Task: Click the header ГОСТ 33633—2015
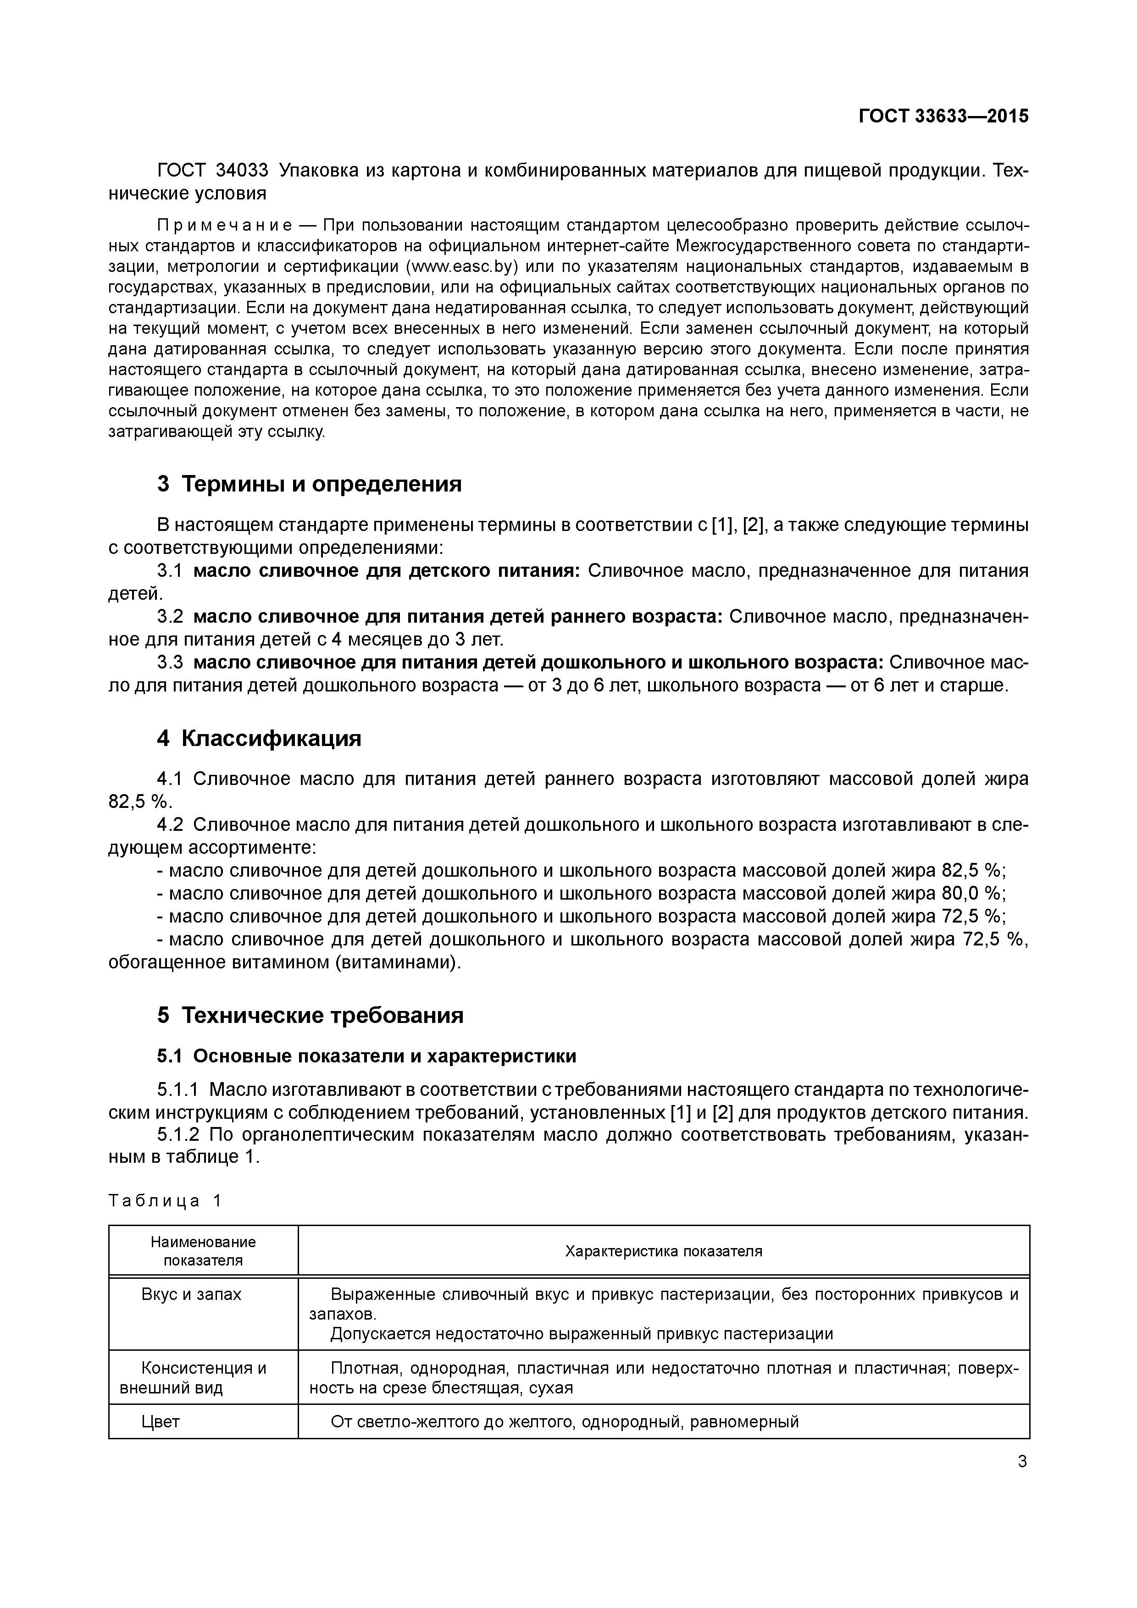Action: (943, 116)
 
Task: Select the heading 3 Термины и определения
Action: (309, 483)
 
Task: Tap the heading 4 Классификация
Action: (259, 738)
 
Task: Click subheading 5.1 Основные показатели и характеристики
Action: (366, 1056)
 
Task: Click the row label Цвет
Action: (161, 1421)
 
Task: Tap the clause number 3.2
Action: (170, 616)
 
